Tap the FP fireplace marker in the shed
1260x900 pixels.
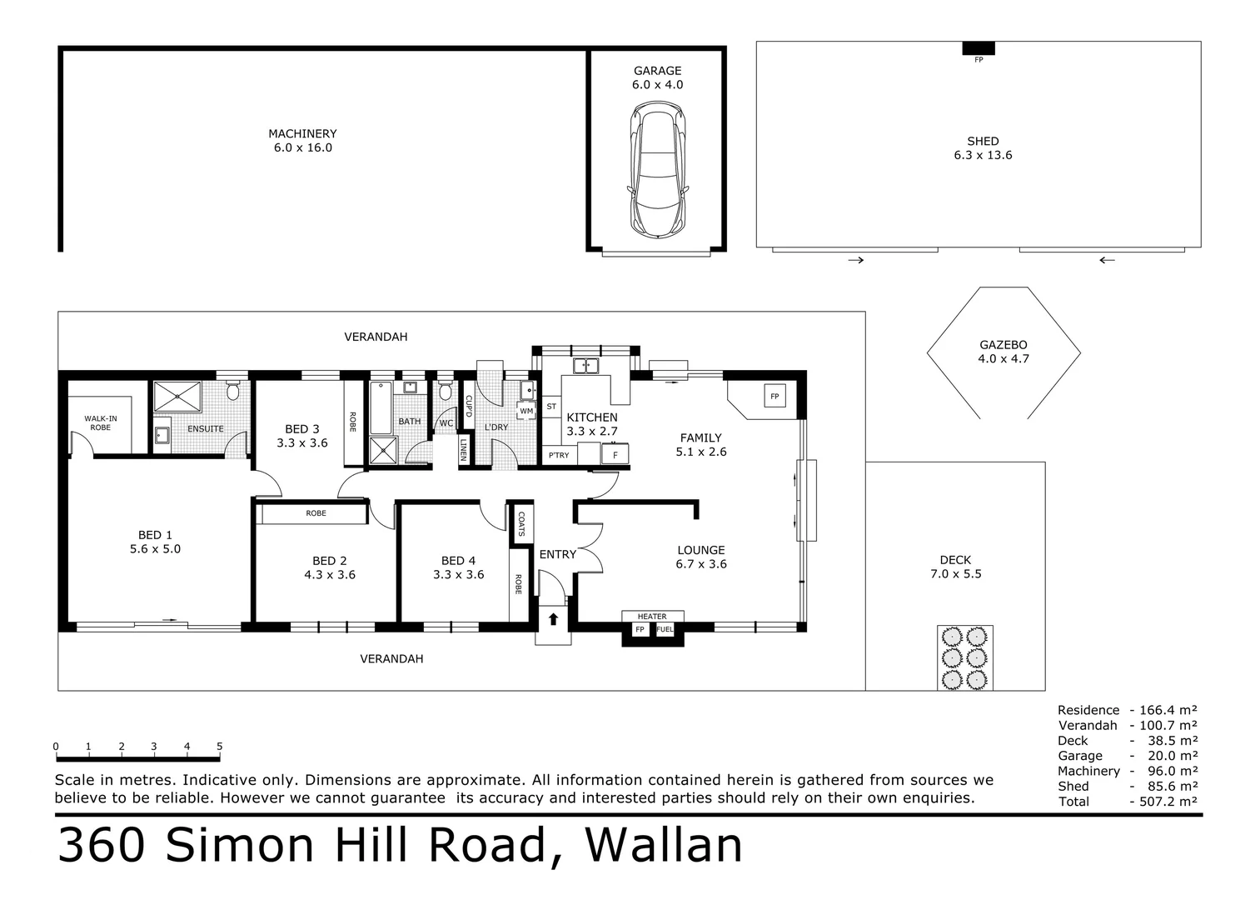(979, 49)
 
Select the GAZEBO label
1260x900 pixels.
(1003, 345)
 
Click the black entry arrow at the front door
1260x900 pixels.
(553, 618)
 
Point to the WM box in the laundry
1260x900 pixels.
(526, 411)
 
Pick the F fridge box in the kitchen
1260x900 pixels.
(615, 455)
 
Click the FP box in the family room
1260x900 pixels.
(774, 397)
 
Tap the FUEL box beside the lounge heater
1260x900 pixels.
(665, 629)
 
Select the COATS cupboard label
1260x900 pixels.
(521, 522)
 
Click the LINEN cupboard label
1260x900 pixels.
(463, 450)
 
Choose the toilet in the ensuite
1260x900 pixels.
(233, 391)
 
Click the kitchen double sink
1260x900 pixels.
(586, 365)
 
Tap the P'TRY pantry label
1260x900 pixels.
(558, 455)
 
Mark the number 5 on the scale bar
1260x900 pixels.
(219, 747)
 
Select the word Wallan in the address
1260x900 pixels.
(664, 845)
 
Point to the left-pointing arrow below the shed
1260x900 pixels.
(1106, 260)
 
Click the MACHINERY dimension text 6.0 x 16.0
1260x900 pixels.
(302, 147)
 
